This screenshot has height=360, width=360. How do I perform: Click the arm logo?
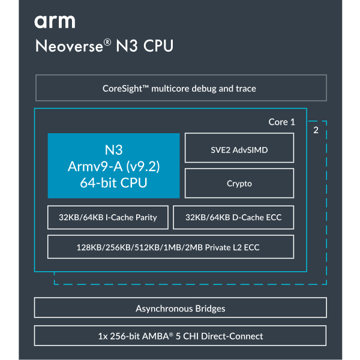55,22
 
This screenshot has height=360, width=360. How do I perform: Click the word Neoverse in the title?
69,46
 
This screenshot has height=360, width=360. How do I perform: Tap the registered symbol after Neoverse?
107,42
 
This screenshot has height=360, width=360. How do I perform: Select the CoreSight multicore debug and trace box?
181,88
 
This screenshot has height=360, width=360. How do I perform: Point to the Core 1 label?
282,122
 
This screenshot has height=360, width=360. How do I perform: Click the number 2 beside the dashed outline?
316,130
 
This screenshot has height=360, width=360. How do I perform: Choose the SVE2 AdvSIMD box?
239,148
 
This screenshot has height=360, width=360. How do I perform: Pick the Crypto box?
239,183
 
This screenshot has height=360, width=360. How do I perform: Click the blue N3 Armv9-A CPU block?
113,166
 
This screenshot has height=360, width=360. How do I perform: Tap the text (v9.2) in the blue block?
143,166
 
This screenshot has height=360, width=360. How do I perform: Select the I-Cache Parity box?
108,217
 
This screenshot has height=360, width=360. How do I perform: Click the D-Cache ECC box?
233,217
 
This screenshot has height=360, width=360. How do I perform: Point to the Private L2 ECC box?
170,247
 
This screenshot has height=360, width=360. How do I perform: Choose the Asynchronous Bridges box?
181,308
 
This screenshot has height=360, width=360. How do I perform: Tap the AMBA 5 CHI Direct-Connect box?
180,335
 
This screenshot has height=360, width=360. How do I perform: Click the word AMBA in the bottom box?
155,337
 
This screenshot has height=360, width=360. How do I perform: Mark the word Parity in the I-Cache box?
146,218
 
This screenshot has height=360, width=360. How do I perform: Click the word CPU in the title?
158,46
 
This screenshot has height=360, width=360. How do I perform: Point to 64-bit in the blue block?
98,183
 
